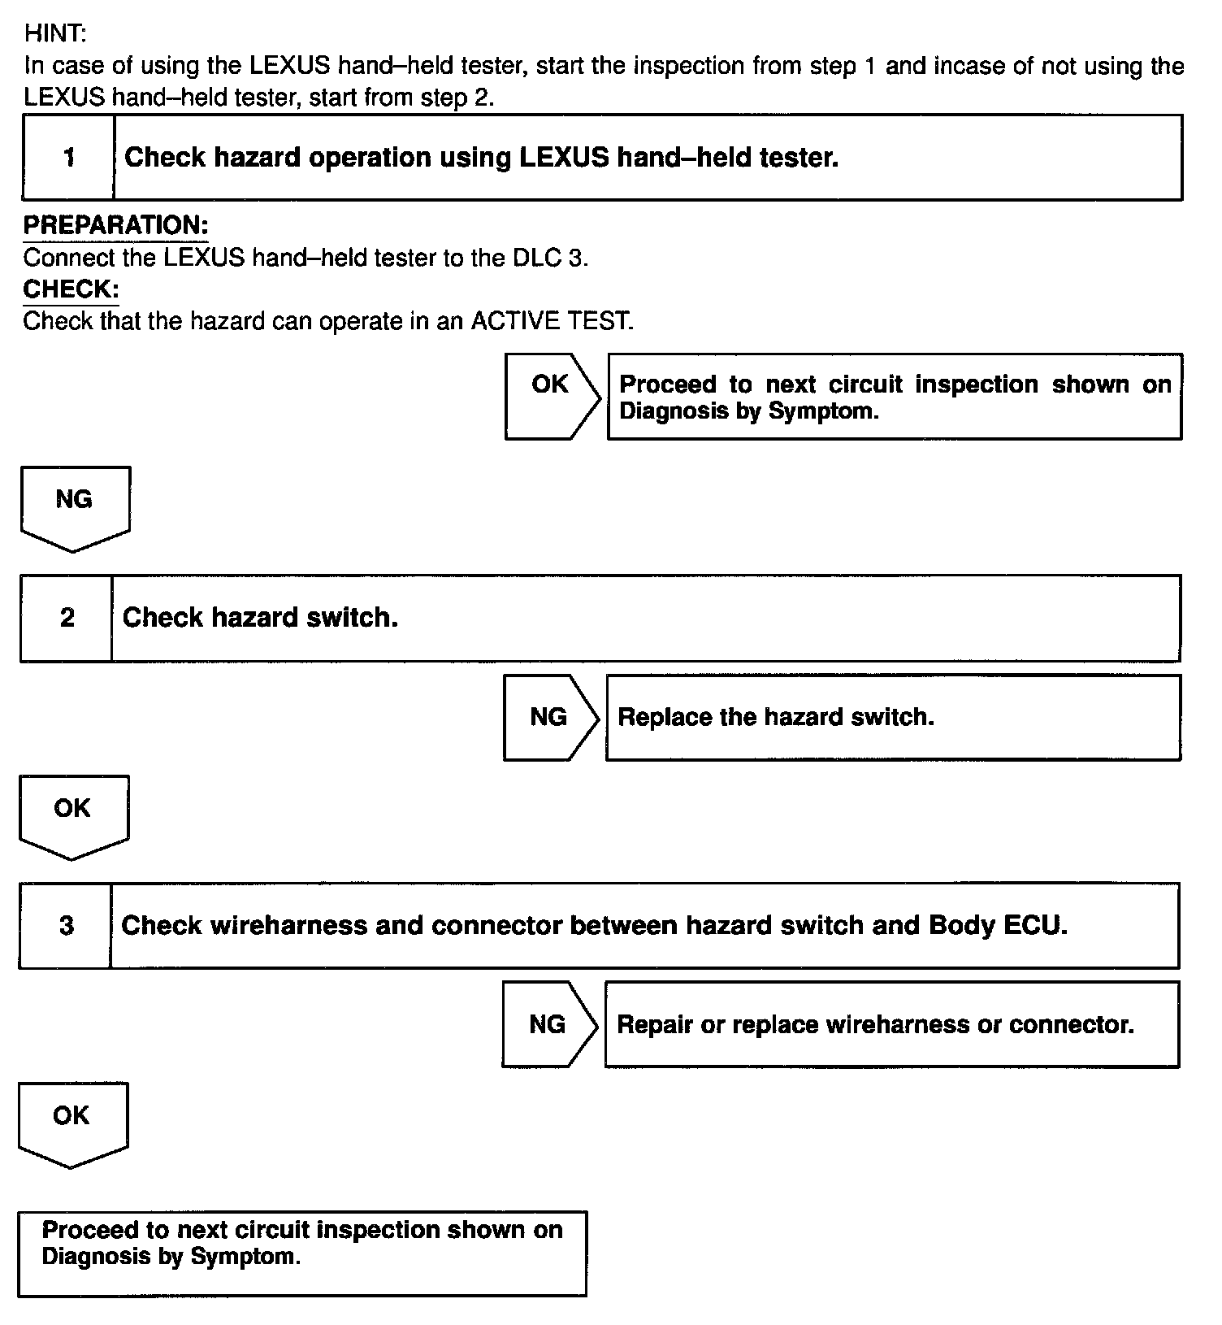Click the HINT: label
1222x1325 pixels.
click(54, 33)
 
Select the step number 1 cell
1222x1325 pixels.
click(68, 158)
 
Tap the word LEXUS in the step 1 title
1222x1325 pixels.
click(564, 158)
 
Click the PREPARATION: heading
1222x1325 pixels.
click(115, 225)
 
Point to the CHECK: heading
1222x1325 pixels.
click(71, 289)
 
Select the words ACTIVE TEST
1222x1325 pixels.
click(551, 321)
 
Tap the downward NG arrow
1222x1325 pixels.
click(75, 506)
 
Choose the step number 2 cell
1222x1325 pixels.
click(67, 618)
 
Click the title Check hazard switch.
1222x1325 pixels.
click(260, 618)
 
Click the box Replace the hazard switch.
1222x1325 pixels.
click(892, 717)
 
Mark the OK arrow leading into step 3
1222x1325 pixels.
click(73, 815)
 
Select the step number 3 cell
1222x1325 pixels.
click(66, 925)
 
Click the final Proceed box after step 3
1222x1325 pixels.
click(301, 1253)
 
